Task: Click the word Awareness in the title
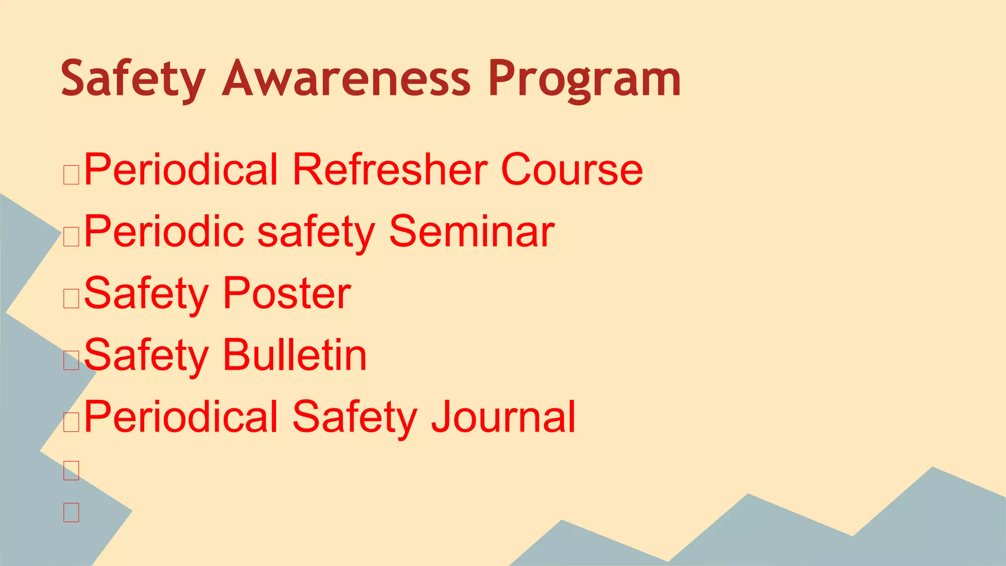tap(346, 79)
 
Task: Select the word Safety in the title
tap(133, 79)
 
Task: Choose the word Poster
tap(287, 293)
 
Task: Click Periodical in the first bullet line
tap(181, 170)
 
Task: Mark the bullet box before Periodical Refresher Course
tap(71, 175)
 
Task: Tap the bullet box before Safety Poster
tap(71, 299)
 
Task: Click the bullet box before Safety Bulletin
tap(71, 361)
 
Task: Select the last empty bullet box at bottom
tap(71, 512)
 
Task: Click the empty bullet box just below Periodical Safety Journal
tap(71, 471)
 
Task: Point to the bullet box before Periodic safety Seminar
tap(71, 237)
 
